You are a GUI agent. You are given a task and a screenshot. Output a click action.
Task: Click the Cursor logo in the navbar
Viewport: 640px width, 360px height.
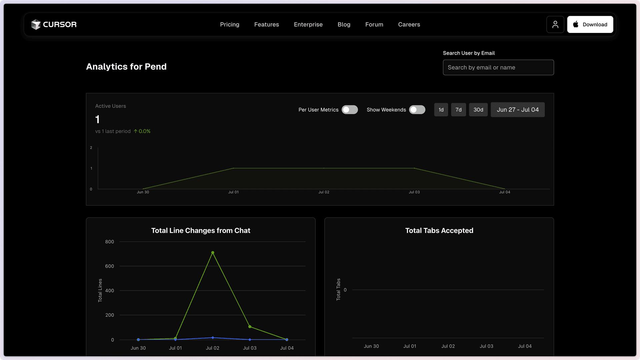54,25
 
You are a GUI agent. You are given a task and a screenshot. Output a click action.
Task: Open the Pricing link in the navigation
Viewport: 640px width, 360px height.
230,25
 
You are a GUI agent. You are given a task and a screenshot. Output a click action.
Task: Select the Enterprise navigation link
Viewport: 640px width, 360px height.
308,25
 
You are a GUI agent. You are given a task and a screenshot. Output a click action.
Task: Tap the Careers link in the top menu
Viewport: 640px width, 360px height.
409,25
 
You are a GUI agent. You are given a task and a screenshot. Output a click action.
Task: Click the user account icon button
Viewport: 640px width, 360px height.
555,25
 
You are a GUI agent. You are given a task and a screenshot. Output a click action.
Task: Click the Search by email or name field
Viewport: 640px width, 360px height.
498,68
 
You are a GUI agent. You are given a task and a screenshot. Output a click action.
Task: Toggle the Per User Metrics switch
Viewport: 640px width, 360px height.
350,110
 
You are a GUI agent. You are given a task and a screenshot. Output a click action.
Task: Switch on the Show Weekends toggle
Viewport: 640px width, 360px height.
417,110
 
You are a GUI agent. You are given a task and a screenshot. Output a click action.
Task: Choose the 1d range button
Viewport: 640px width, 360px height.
441,110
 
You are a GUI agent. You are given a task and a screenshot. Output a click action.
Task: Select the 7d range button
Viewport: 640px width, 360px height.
458,110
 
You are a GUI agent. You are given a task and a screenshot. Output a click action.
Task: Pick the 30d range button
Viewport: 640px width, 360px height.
478,110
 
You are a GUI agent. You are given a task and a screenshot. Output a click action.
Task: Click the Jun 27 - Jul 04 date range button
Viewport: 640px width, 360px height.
517,110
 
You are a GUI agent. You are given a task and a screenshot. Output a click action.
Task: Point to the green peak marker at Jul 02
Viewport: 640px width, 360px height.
213,253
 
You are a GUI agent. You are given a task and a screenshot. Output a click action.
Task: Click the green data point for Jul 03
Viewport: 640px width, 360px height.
250,327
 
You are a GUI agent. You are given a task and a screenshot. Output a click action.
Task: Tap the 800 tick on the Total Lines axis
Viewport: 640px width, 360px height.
109,242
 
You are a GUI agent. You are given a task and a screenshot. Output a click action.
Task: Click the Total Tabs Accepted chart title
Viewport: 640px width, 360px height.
439,231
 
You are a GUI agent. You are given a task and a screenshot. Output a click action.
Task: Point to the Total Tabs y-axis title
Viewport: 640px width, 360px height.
338,289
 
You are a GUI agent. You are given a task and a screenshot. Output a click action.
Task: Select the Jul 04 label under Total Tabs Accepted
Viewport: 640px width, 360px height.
525,346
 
